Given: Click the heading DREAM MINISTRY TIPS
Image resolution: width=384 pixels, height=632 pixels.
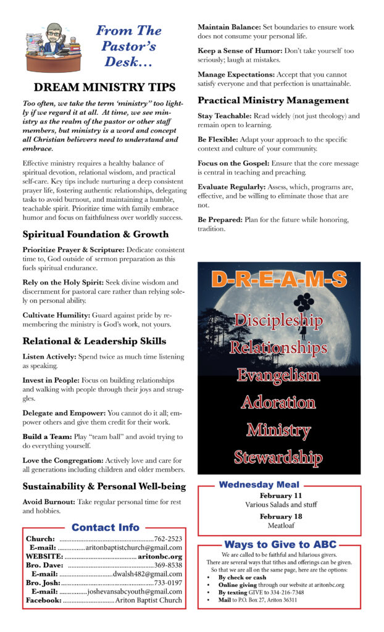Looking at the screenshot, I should click(x=104, y=88).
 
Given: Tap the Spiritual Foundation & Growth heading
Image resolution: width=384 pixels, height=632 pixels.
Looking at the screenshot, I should click(x=96, y=235).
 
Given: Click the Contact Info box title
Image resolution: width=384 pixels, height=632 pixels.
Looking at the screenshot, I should click(x=106, y=528).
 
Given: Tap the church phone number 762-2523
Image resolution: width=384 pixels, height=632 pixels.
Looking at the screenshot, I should click(x=168, y=539).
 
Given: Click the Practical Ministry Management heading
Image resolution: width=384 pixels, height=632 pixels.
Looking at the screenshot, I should click(x=273, y=100).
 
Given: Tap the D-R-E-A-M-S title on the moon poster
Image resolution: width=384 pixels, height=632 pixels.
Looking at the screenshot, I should click(x=279, y=279).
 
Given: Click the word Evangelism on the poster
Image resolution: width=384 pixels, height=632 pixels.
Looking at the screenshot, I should click(x=278, y=375).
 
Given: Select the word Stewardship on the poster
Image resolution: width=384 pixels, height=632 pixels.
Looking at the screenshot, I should click(x=278, y=457).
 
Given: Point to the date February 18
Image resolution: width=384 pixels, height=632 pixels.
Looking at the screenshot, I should click(x=280, y=517).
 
